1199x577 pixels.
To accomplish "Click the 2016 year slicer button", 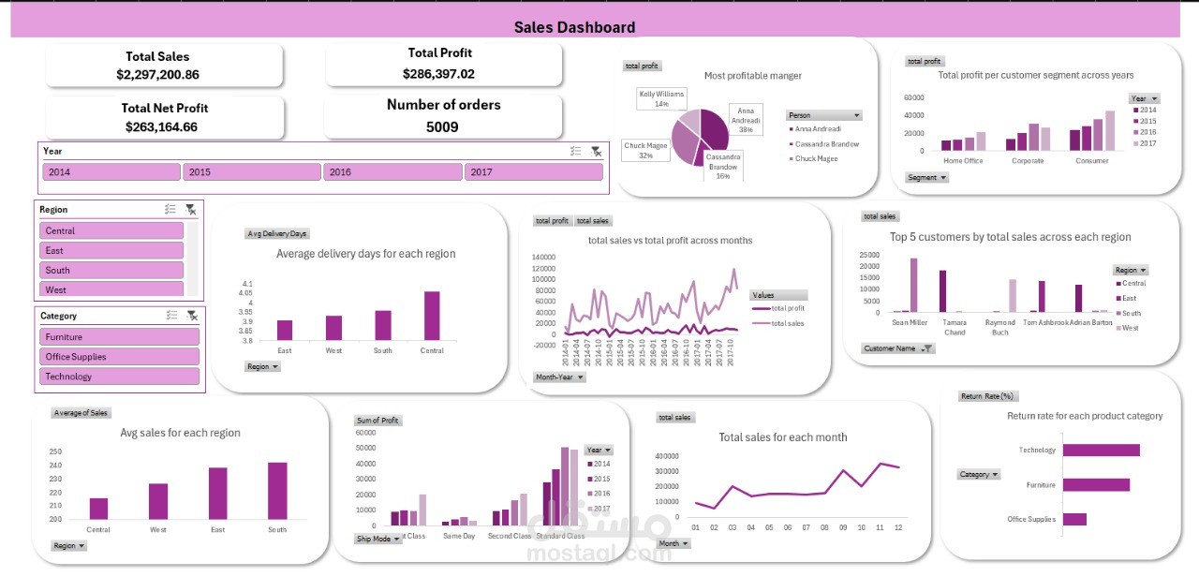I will click(x=392, y=172).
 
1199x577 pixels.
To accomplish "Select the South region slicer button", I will click(x=111, y=270).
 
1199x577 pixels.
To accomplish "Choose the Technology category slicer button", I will click(x=118, y=377).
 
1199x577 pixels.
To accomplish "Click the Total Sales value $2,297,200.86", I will click(x=157, y=74).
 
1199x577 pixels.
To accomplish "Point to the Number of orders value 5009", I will click(x=442, y=126).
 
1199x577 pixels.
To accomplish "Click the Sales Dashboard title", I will click(x=574, y=27).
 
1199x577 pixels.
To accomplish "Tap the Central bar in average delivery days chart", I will click(x=432, y=316).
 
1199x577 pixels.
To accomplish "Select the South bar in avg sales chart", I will click(x=277, y=491).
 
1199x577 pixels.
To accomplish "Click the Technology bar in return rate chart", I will click(x=1101, y=451).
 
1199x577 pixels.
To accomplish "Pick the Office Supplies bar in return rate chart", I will click(x=1074, y=519).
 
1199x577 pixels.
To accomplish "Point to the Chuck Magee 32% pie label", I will click(x=646, y=150).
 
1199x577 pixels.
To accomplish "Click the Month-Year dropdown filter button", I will click(x=560, y=377).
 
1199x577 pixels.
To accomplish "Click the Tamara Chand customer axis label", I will click(x=955, y=327).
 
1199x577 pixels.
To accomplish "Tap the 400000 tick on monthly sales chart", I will click(x=665, y=456).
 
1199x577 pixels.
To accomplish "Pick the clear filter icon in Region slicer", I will click(x=191, y=210).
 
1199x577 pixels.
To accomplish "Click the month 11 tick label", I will click(x=880, y=528).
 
